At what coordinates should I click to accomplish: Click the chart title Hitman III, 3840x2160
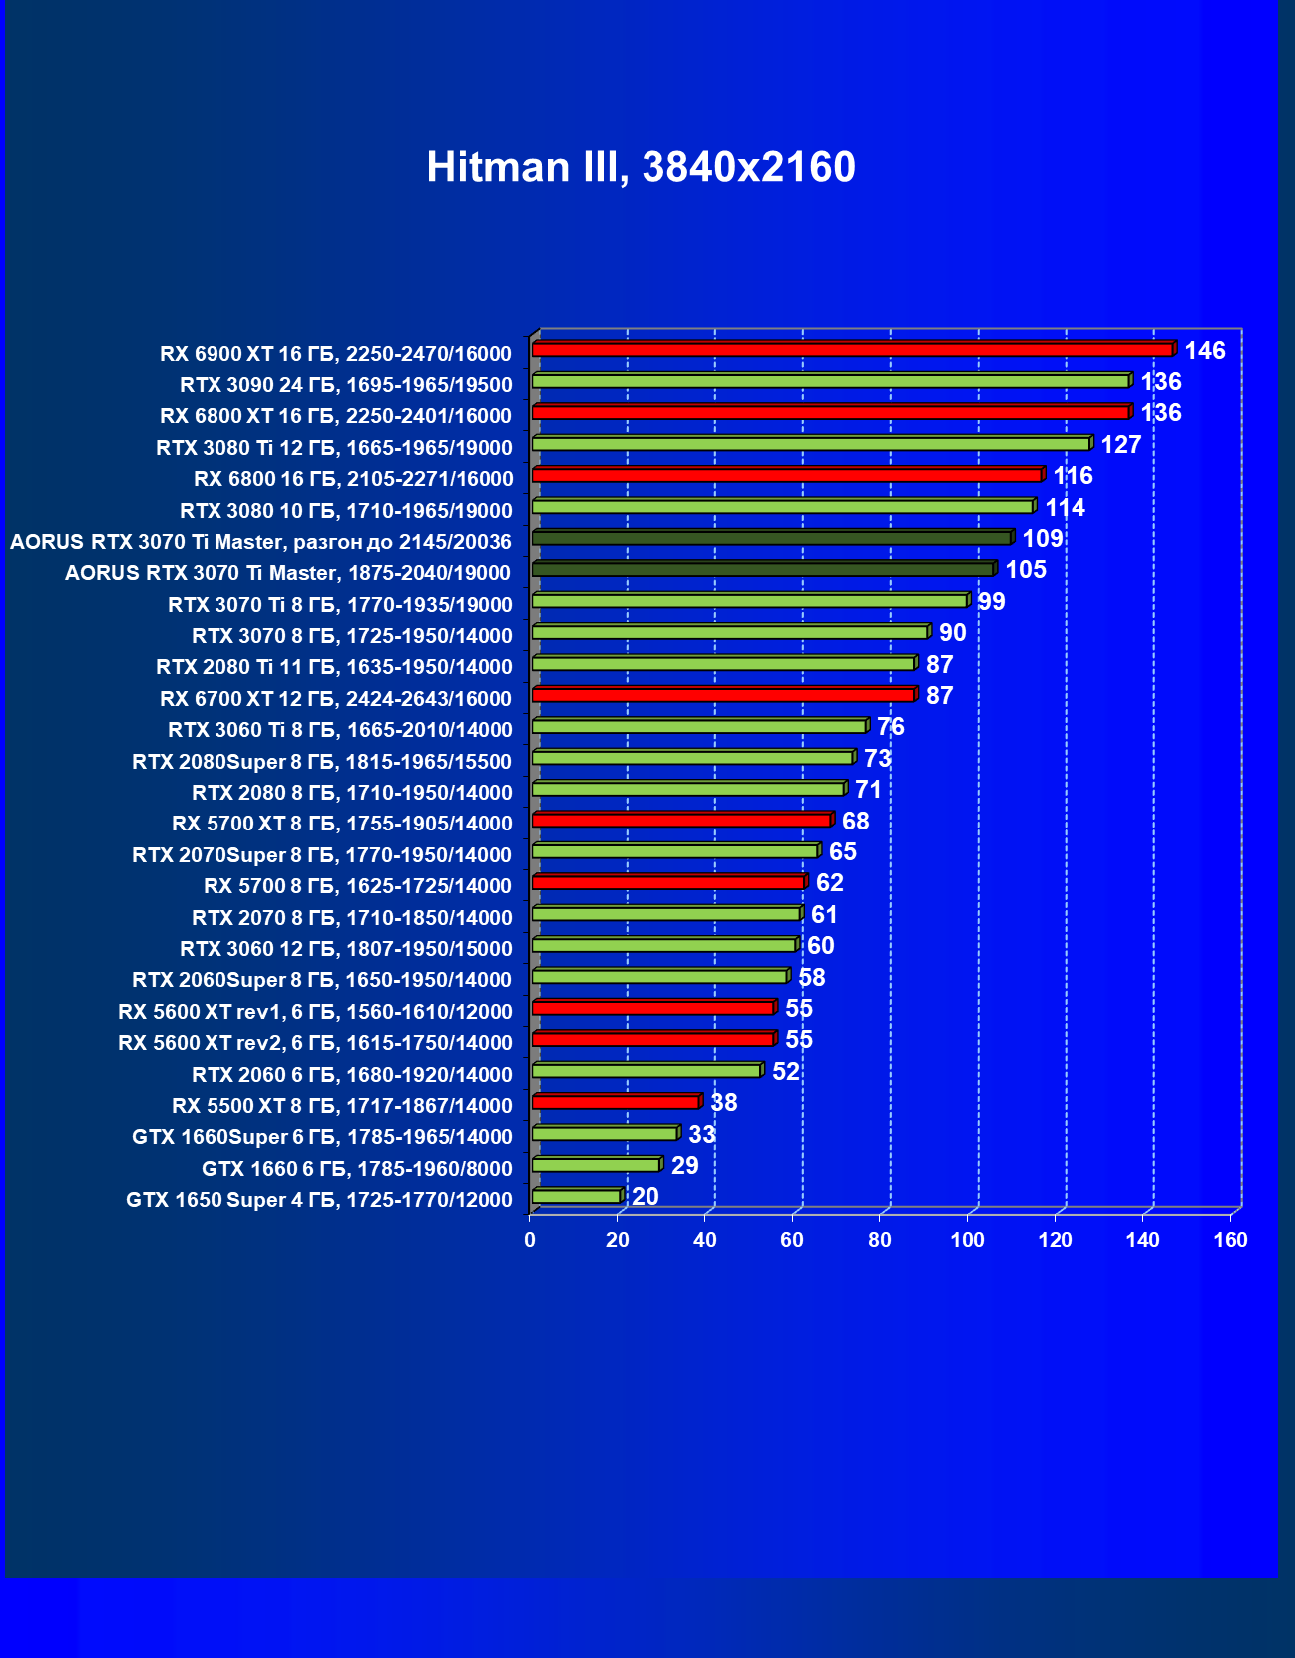641,167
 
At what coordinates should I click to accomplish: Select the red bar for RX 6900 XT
852,349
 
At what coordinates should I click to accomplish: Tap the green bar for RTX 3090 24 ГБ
830,381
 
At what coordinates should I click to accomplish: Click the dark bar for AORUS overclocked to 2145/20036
771,538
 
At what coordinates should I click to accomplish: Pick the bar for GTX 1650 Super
576,1196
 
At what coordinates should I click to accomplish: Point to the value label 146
1204,350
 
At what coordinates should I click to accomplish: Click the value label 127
1120,444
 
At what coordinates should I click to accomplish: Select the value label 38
723,1102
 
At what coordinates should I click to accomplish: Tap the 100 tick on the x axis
967,1240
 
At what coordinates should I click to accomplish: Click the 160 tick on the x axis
1230,1240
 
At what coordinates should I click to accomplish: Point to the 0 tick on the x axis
530,1240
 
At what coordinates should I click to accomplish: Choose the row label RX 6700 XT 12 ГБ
335,698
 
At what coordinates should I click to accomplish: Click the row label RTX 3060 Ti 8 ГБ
339,729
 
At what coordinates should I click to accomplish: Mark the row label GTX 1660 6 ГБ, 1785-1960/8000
356,1168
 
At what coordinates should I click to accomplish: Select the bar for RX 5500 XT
616,1102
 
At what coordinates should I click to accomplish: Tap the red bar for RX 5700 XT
681,820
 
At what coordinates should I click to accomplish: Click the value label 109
1042,539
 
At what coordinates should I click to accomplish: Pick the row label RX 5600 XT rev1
314,1011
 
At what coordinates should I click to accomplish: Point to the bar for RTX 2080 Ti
723,663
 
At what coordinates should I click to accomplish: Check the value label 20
645,1196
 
